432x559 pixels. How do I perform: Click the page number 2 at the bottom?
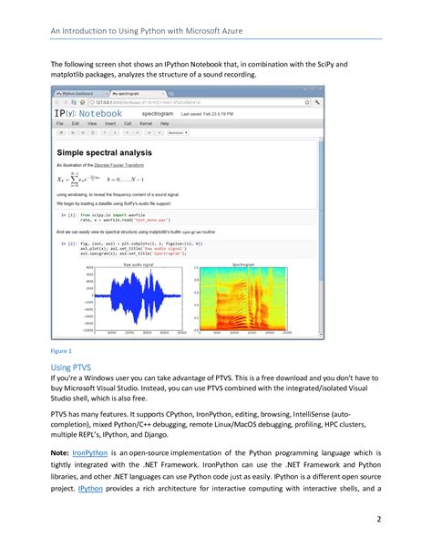coord(404,519)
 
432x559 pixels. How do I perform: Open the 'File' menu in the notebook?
coord(59,122)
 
